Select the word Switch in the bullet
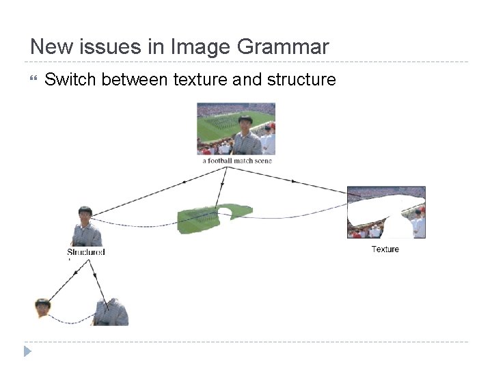(x=70, y=80)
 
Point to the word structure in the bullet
(x=301, y=80)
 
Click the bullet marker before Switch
(x=33, y=80)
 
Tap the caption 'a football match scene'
(x=236, y=161)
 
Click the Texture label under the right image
(x=385, y=249)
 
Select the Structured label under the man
(x=86, y=252)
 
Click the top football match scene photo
(x=236, y=129)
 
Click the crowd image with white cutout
(x=386, y=212)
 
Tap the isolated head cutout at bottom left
(x=43, y=307)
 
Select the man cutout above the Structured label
(x=86, y=226)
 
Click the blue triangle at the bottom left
(x=27, y=351)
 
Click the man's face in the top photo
(x=245, y=124)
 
